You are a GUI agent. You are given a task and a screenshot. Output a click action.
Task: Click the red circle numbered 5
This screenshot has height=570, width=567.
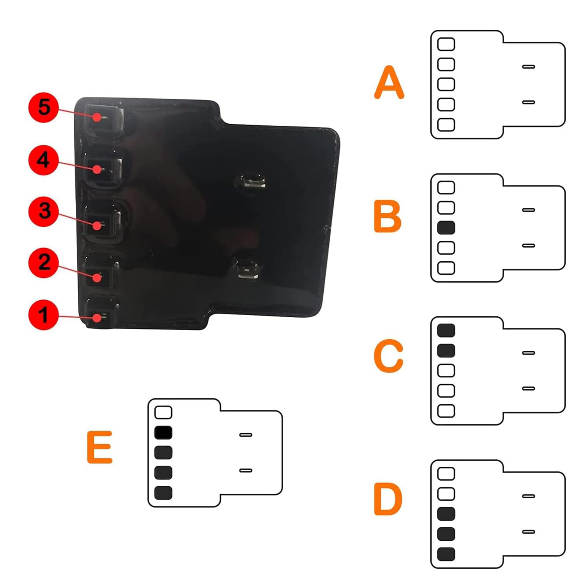pos(44,107)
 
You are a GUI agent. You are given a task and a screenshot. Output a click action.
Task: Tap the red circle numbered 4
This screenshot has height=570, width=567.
pos(44,160)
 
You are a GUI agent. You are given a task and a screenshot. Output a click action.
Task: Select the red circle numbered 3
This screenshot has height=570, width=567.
pos(44,211)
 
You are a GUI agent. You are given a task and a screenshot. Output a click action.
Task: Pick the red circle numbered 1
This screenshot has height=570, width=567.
pos(44,315)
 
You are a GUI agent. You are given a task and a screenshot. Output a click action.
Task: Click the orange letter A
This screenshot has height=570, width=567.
pos(389,82)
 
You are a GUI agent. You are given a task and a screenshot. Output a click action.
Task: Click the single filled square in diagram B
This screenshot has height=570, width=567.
pos(446,228)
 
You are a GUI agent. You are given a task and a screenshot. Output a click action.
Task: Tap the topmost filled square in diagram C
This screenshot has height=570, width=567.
pos(446,330)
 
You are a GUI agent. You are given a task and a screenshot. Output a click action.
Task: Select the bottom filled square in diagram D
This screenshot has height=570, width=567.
pos(446,554)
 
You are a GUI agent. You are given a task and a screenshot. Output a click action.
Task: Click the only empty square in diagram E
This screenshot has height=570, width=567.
pos(163,412)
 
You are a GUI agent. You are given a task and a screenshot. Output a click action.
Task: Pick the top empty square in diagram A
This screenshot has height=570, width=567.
pos(446,44)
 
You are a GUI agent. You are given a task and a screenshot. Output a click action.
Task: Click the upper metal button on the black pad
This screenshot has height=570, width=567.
pos(253,181)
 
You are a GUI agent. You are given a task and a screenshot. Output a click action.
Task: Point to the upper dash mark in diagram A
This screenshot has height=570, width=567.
pos(529,67)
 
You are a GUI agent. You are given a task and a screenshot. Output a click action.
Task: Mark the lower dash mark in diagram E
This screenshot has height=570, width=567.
pos(246,471)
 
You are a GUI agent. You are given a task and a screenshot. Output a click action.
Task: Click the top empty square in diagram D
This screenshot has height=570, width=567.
pos(446,474)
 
